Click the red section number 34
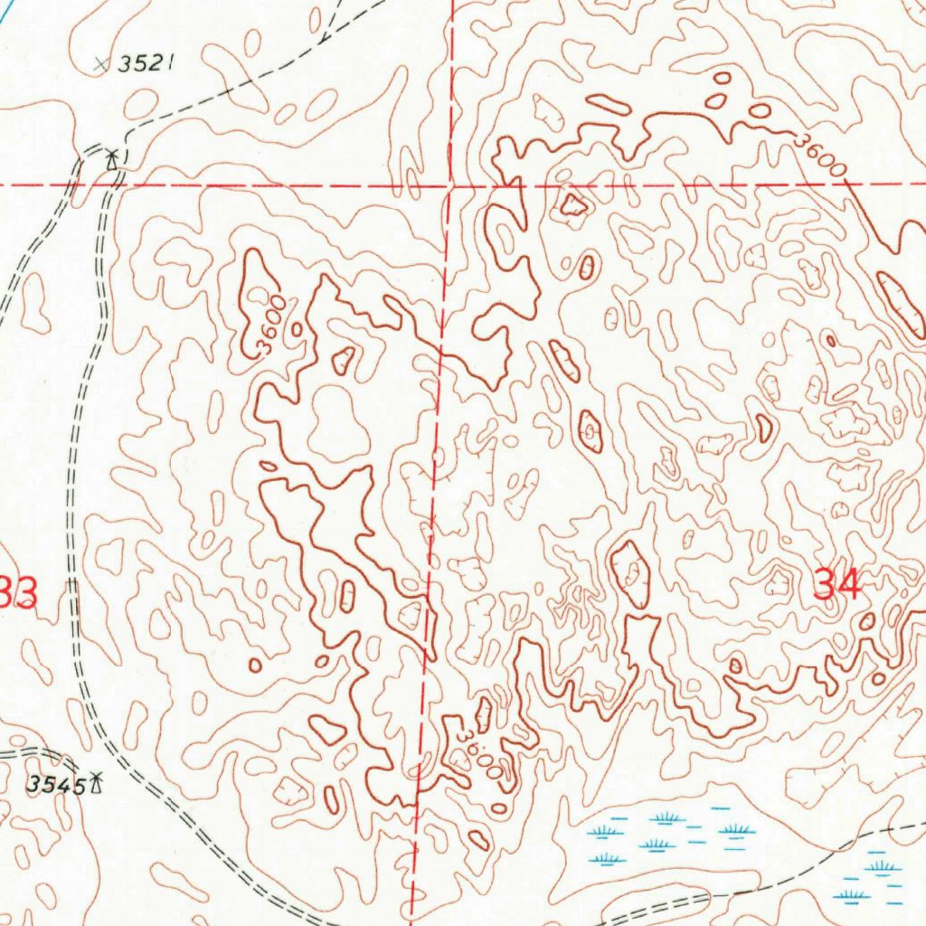pos(836,585)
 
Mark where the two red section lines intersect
pos(449,185)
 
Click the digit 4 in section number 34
pos(849,585)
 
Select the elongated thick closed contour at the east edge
pos(901,304)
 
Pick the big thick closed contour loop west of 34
pos(630,572)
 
